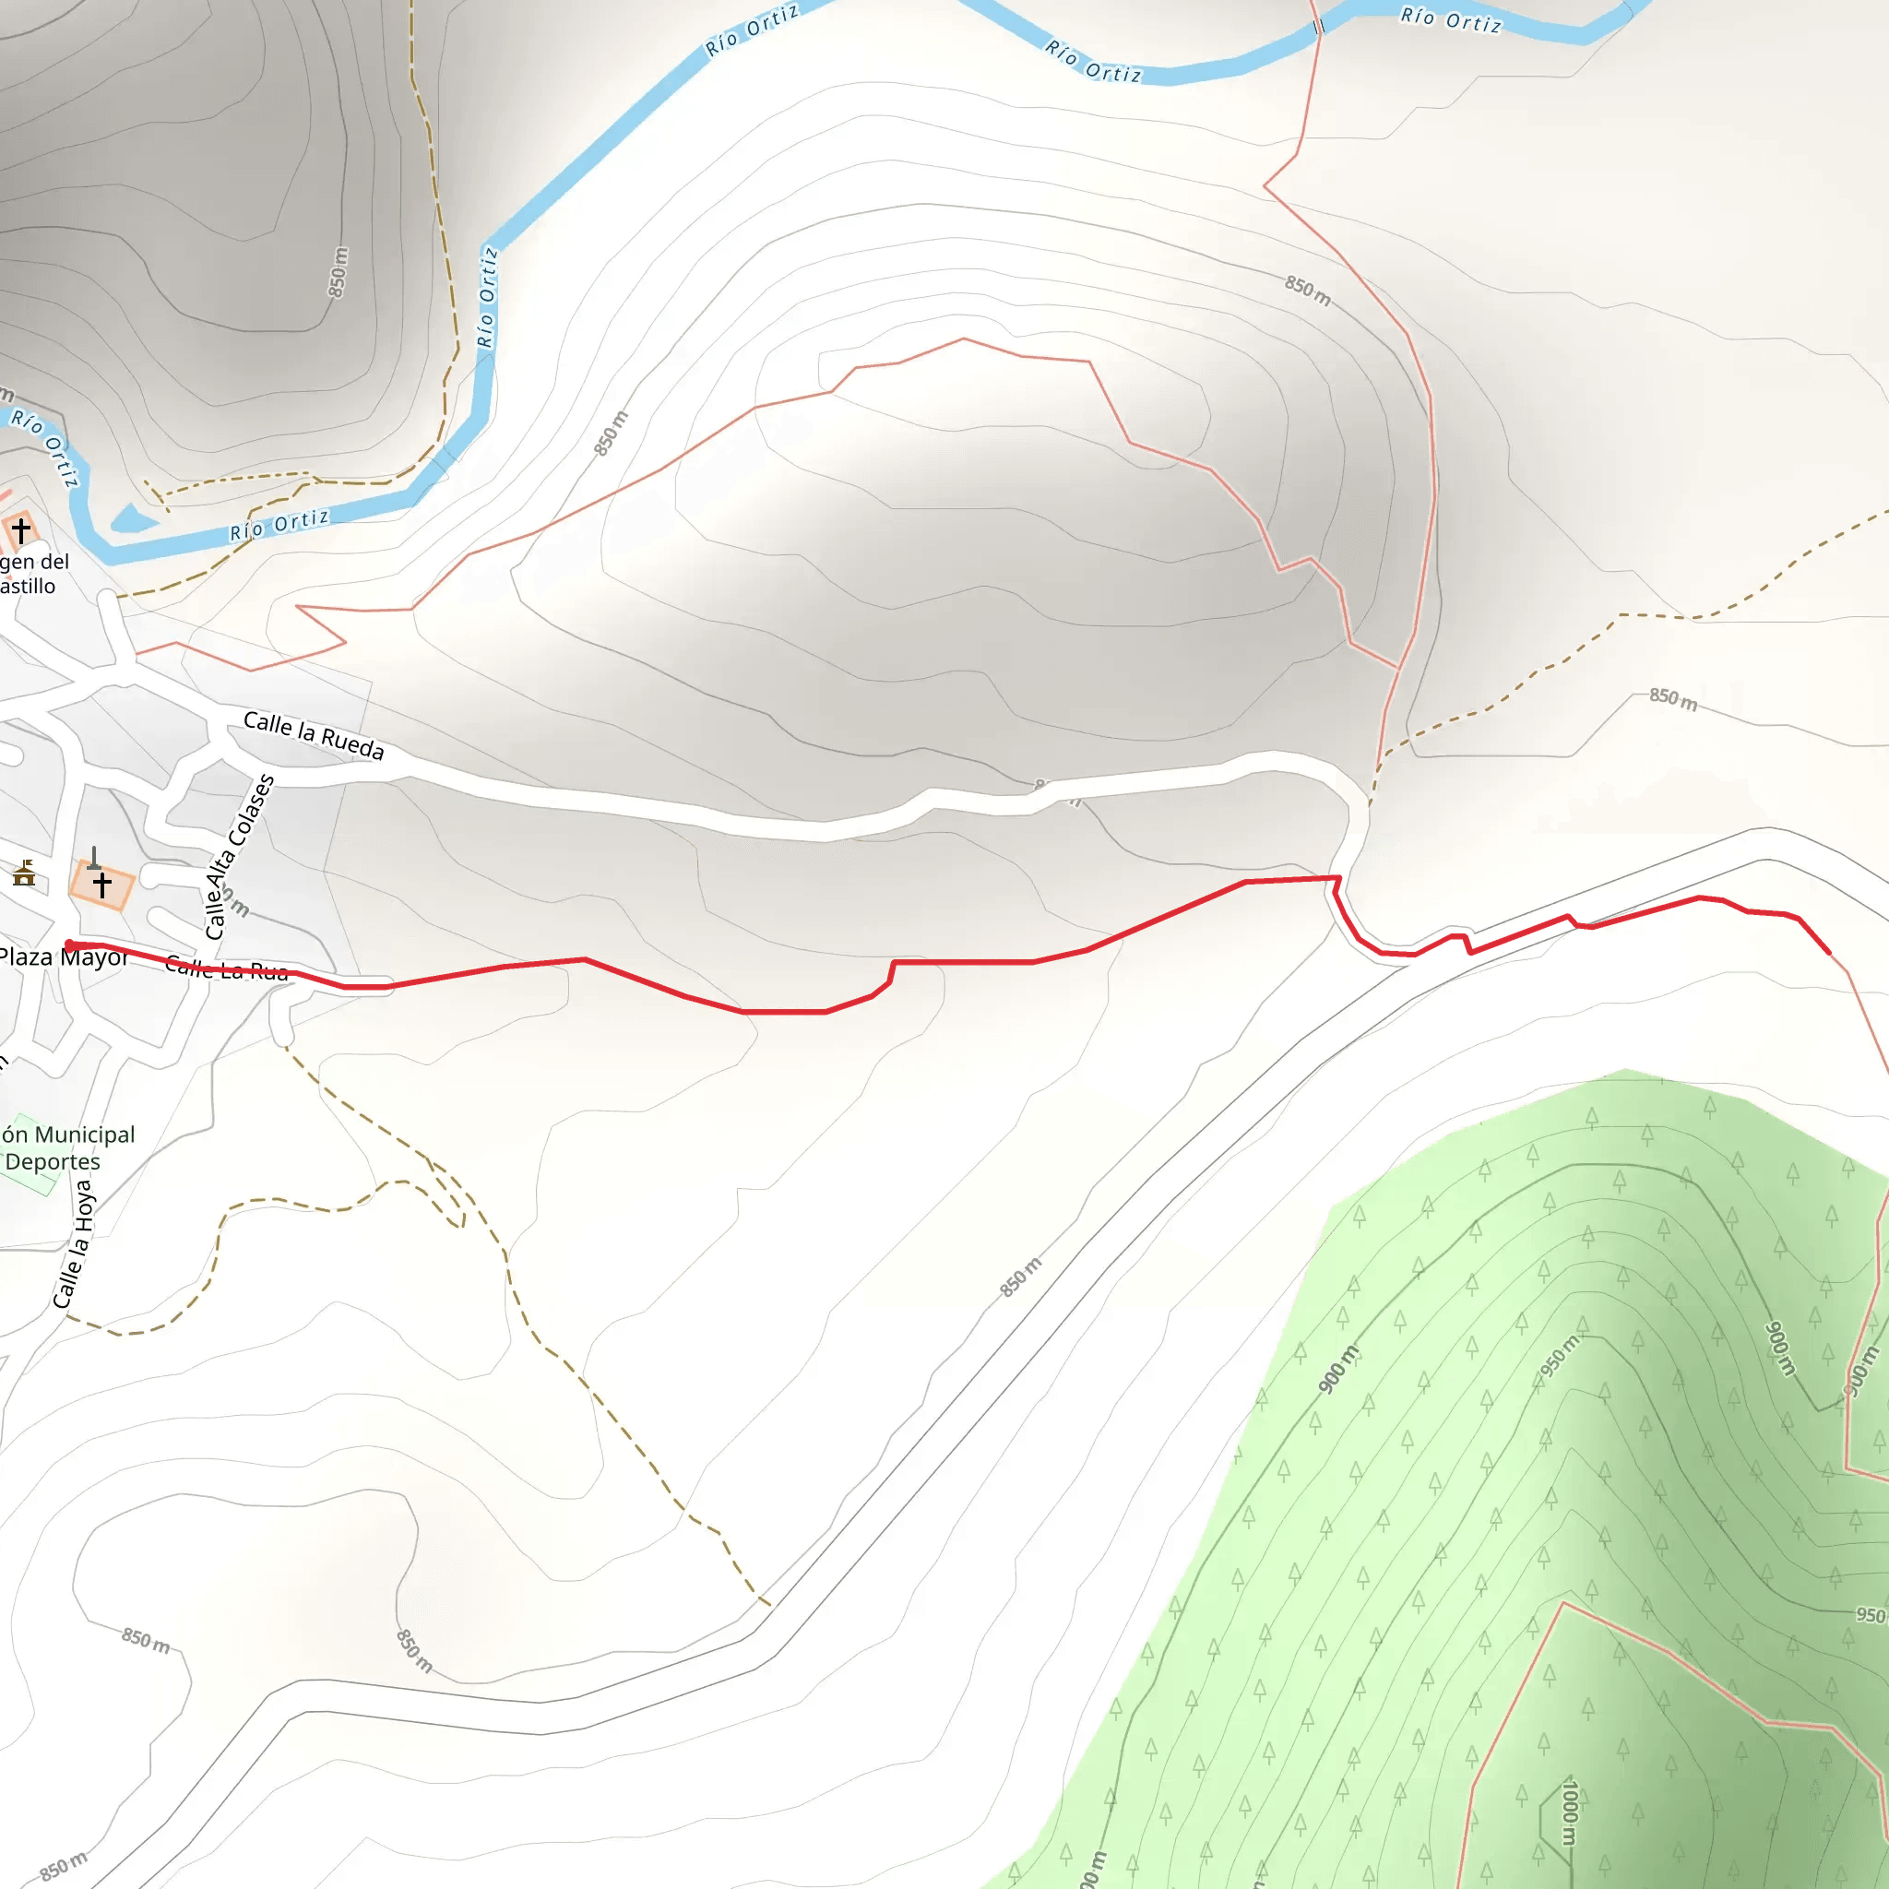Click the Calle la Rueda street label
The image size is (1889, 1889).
[313, 735]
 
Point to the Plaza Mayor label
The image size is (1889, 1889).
[63, 957]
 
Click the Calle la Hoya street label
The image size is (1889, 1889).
[74, 1243]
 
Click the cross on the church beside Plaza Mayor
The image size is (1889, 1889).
[101, 885]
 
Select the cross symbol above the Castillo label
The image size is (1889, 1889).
[20, 531]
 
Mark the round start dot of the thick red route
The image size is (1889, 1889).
[68, 944]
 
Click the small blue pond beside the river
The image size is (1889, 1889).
[132, 519]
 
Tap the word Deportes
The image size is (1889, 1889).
[53, 1161]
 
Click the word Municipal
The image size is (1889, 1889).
[84, 1135]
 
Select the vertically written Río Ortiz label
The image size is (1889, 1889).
[487, 297]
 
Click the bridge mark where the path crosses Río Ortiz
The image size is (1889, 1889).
[1318, 28]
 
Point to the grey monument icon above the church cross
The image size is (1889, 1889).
[94, 859]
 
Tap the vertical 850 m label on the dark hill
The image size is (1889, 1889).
[338, 272]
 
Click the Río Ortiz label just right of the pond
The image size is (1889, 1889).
[279, 525]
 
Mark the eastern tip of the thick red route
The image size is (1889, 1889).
[1829, 952]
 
